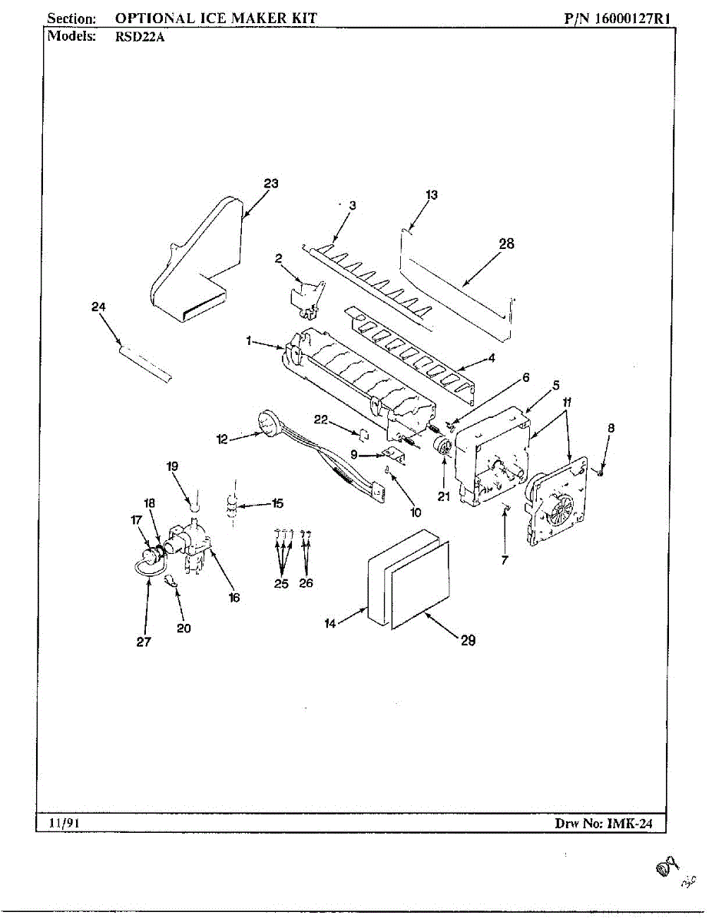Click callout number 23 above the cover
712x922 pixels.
(x=270, y=184)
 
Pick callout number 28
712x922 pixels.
(x=506, y=244)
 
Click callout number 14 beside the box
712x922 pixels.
(x=330, y=624)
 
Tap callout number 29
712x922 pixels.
(x=468, y=641)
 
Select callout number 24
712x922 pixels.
(x=98, y=307)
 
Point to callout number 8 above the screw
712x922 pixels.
(x=611, y=427)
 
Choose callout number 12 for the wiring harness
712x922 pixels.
(x=222, y=439)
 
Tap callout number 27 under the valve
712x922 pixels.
(x=144, y=643)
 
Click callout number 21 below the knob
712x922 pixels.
(x=443, y=496)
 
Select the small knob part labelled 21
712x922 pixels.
(x=443, y=447)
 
